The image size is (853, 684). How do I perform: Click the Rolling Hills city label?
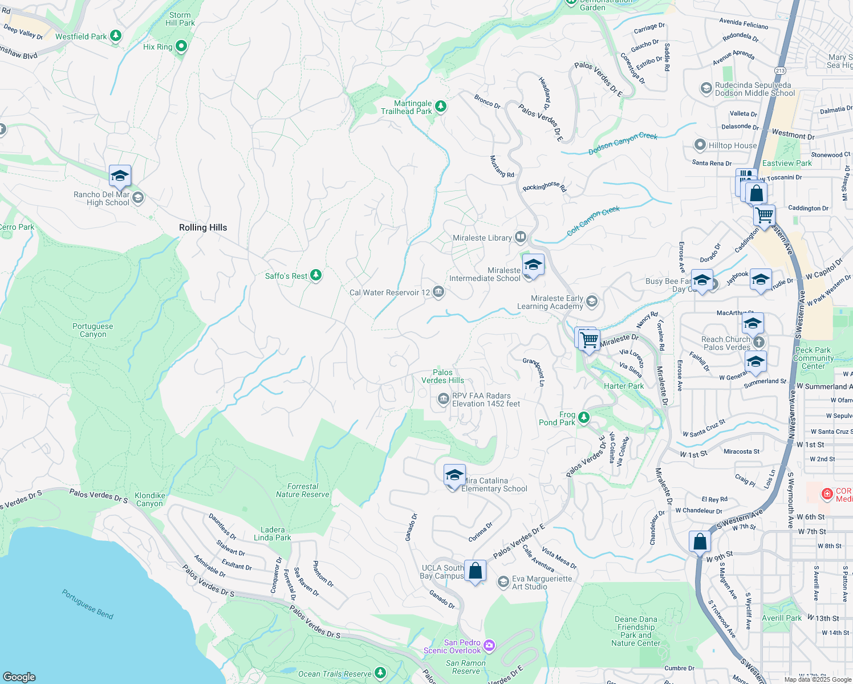[x=203, y=227]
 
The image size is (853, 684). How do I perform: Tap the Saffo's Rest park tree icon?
[x=315, y=276]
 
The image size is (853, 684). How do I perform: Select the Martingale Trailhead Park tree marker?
[x=440, y=107]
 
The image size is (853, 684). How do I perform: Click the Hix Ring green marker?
[x=181, y=46]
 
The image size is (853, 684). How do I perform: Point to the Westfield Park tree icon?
[x=116, y=36]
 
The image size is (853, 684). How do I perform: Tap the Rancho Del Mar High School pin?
[x=120, y=177]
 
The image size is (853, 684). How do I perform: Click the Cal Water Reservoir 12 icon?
[x=438, y=292]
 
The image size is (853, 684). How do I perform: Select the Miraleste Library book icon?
[x=520, y=237]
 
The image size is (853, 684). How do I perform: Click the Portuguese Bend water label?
[x=88, y=604]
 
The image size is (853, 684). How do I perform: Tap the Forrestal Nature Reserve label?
[x=303, y=490]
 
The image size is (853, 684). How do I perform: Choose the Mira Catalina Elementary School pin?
[x=454, y=475]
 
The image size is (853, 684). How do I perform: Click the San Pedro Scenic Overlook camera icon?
[x=489, y=646]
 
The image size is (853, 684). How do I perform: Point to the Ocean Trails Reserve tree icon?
[x=380, y=673]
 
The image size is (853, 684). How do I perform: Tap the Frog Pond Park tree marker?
[x=583, y=418]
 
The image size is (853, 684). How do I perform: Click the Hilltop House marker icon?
[x=700, y=145]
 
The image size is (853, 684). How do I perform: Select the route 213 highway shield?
[x=780, y=71]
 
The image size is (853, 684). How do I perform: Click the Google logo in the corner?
[x=19, y=677]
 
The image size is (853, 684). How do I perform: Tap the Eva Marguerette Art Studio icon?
[x=503, y=582]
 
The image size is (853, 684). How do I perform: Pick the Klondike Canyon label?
[x=149, y=499]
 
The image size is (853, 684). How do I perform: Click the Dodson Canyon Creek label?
[x=623, y=143]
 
